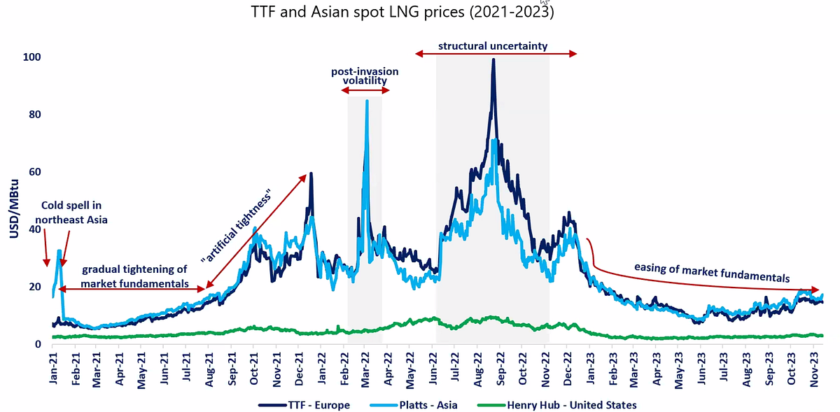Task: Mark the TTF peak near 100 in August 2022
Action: [493, 59]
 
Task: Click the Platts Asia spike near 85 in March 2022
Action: [367, 101]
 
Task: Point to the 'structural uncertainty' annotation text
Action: [493, 47]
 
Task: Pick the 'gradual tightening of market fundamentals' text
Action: [134, 276]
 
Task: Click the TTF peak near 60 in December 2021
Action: [311, 173]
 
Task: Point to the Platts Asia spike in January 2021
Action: [59, 250]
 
